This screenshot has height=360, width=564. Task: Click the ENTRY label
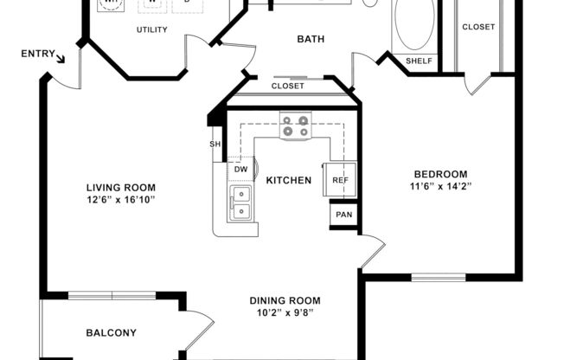click(x=37, y=54)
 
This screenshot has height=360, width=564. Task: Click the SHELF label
click(x=420, y=61)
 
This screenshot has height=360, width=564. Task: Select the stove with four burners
click(x=294, y=126)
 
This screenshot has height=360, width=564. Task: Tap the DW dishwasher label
click(x=242, y=169)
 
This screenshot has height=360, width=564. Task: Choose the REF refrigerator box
click(x=340, y=179)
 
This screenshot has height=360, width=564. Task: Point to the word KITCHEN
click(x=288, y=180)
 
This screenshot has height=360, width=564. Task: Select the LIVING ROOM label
click(x=120, y=187)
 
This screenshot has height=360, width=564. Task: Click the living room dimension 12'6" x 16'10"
click(x=120, y=200)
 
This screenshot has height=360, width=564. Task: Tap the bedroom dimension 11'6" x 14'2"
click(x=440, y=186)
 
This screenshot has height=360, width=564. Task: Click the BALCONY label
click(x=111, y=332)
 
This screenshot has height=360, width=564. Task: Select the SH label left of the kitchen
click(x=215, y=145)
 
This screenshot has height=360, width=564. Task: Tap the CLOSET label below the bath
click(x=287, y=86)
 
